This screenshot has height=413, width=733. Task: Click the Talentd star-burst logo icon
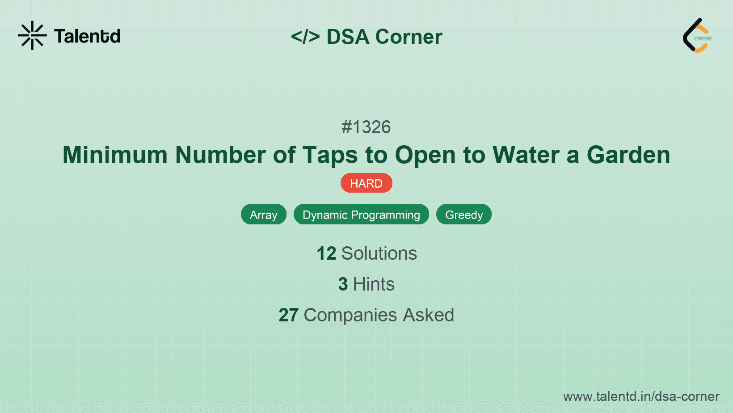[32, 35]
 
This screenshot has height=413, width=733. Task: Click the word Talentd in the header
[87, 36]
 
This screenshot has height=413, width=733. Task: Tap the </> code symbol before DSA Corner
[305, 37]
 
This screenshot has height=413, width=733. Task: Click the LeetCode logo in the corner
[697, 36]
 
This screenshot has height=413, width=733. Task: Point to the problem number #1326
[366, 127]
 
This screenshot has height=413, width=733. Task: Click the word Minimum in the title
[115, 155]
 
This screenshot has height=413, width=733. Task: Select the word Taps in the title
[330, 155]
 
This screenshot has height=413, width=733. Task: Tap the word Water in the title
[526, 155]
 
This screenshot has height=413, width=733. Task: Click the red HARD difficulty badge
[366, 183]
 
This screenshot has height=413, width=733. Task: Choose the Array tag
[264, 215]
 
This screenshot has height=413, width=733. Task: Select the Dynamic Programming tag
[361, 215]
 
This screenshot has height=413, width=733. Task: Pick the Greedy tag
[464, 215]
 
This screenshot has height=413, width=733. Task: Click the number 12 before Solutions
[326, 253]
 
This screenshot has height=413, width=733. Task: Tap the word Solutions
[379, 253]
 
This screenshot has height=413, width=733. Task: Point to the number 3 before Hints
[343, 284]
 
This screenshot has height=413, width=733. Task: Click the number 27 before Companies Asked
[288, 315]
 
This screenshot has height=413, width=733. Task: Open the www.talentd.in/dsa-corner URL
[641, 396]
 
